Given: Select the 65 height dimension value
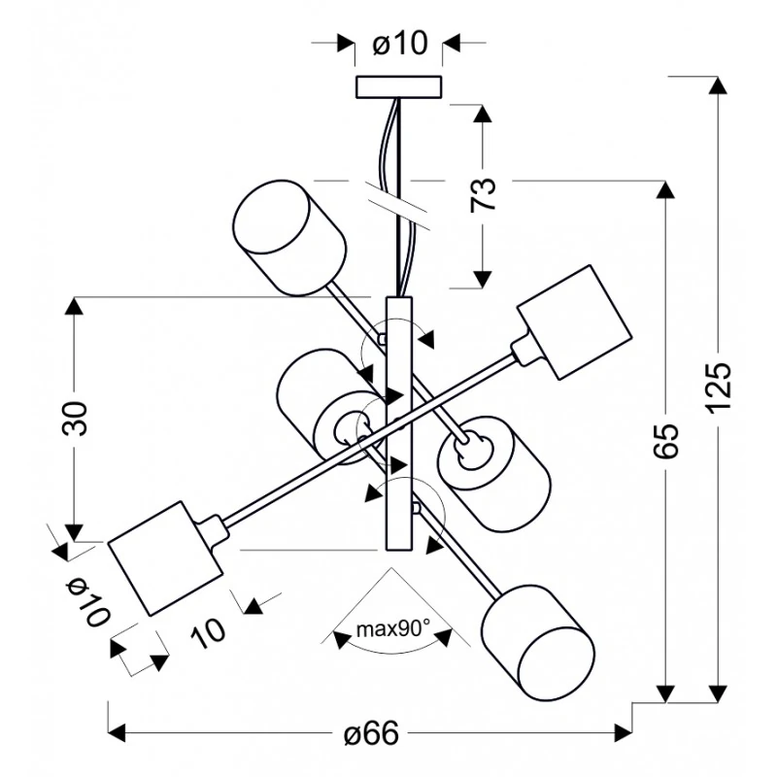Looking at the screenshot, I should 666,442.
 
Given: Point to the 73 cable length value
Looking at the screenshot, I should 483,195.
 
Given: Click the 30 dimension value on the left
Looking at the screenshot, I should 77,419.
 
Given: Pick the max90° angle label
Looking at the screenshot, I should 391,628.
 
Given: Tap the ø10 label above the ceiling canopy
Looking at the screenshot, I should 399,44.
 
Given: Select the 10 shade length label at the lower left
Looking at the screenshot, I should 208,630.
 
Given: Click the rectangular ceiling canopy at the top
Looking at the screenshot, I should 399,87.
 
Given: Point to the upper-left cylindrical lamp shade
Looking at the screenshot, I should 288,235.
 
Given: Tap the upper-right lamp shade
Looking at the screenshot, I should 569,322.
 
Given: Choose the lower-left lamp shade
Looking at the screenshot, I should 162,557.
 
